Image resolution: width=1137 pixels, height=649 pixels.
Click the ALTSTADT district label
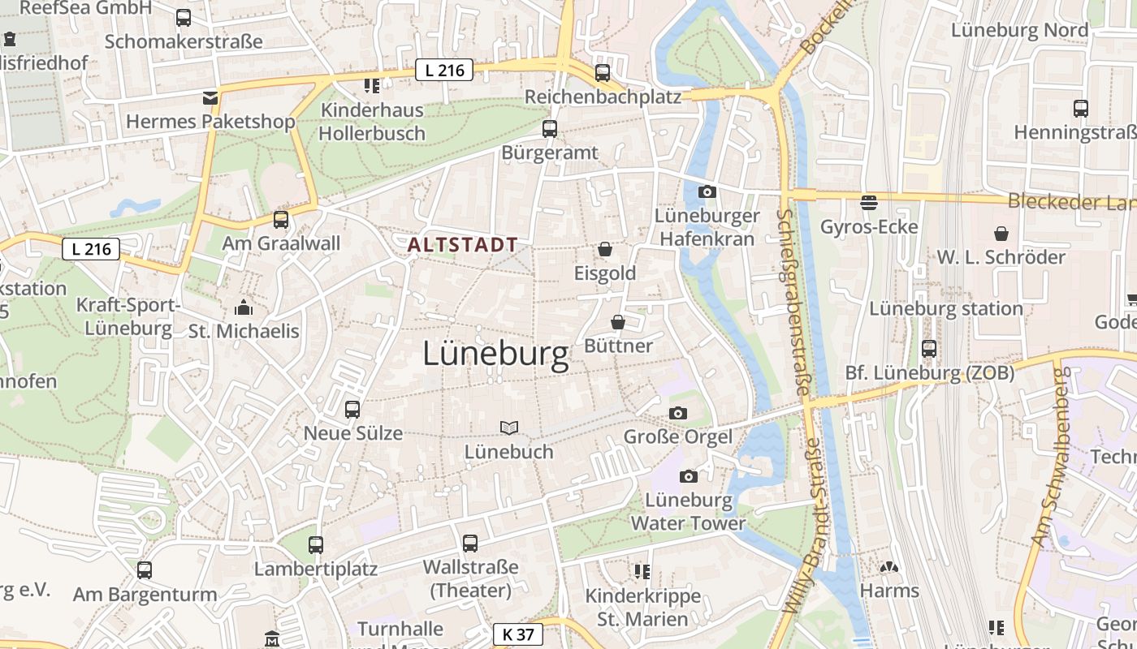tap(463, 244)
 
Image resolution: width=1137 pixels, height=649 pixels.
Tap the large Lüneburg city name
tap(495, 355)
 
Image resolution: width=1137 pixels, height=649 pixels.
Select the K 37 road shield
tap(517, 634)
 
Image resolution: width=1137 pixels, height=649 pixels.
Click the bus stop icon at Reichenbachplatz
tap(603, 73)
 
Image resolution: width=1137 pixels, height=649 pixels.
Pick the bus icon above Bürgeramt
tap(550, 128)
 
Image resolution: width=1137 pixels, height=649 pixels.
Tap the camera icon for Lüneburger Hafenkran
tap(707, 192)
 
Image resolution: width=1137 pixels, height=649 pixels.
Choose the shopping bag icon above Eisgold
tap(605, 249)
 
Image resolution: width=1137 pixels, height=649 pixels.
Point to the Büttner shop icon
tap(618, 322)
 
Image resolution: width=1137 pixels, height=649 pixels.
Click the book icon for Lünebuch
tap(509, 428)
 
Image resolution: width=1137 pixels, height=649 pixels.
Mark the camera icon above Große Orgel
tap(678, 413)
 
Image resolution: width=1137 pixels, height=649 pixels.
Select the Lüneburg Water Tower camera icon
tap(689, 476)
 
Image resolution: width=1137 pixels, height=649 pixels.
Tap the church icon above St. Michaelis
tap(244, 307)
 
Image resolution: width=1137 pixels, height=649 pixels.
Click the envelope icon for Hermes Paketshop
tap(210, 98)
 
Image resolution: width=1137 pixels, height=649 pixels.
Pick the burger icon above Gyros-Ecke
tap(869, 202)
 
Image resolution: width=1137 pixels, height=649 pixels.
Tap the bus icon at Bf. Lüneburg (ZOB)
tap(929, 349)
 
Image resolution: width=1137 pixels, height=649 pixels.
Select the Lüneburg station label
tap(946, 309)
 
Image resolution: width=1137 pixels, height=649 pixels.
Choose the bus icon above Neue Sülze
tap(352, 410)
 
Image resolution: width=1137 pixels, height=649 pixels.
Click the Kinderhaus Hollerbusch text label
tap(372, 122)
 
